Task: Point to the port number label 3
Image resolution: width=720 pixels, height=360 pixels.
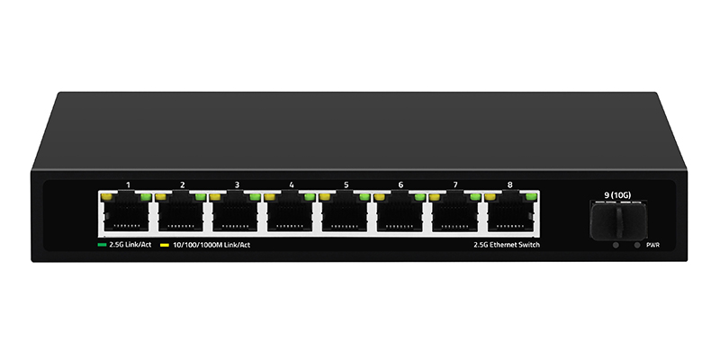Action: tap(237, 184)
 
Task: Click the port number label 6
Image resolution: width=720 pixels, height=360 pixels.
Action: tap(400, 184)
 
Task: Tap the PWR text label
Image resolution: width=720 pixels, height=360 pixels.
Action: tap(653, 244)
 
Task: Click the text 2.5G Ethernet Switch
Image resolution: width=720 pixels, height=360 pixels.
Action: tap(507, 244)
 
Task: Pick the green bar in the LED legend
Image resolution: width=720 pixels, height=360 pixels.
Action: tap(102, 244)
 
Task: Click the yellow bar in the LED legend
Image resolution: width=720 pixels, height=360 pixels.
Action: tap(164, 244)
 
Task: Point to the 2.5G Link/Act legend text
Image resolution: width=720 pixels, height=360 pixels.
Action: tap(129, 244)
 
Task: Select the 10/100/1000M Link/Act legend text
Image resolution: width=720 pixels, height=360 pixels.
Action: tap(206, 244)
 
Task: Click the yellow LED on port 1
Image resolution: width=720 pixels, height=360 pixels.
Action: tap(106, 195)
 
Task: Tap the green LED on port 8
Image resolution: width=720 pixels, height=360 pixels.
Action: tap(532, 195)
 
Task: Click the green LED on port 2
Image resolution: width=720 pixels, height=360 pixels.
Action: tap(202, 195)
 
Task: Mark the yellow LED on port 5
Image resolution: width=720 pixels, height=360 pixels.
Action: tap(325, 195)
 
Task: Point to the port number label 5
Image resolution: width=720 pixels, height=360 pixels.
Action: tap(346, 184)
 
